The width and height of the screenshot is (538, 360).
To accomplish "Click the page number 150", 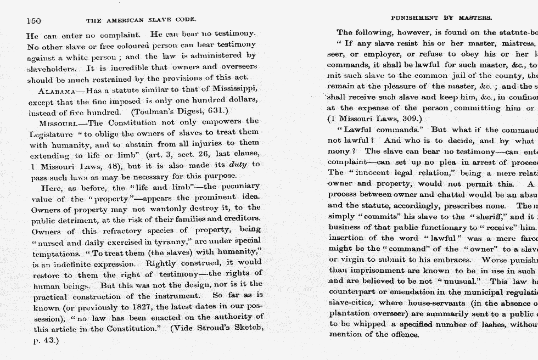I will [34, 21].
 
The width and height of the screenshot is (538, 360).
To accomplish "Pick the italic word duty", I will [239, 164].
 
